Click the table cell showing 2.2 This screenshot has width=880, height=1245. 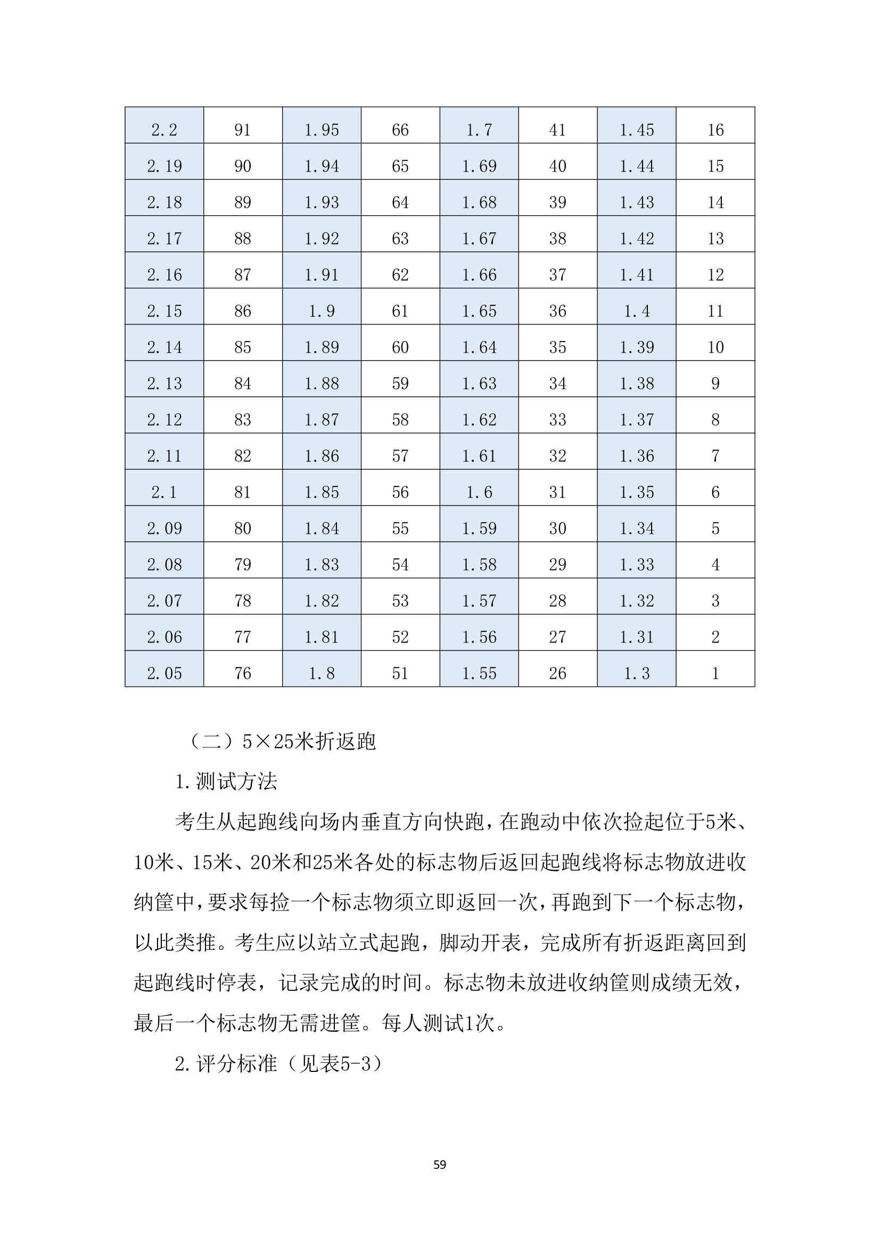pyautogui.click(x=164, y=129)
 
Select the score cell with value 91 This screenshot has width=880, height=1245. pyautogui.click(x=242, y=129)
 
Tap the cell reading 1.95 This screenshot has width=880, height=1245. pyautogui.click(x=322, y=129)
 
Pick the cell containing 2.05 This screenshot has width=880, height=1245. pyautogui.click(x=164, y=673)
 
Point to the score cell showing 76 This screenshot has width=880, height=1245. pyautogui.click(x=242, y=673)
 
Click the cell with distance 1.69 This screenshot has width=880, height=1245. pyautogui.click(x=479, y=166)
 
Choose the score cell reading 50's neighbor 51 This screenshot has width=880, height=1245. pyautogui.click(x=400, y=673)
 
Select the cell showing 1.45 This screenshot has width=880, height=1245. pyautogui.click(x=637, y=129)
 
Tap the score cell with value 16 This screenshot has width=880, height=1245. pyautogui.click(x=715, y=129)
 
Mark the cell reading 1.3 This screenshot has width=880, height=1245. pyautogui.click(x=637, y=673)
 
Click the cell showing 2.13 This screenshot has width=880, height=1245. pyautogui.click(x=164, y=384)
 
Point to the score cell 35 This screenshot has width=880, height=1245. pyautogui.click(x=557, y=347)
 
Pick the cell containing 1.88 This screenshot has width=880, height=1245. pyautogui.click(x=322, y=384)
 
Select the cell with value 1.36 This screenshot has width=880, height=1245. pyautogui.click(x=637, y=455)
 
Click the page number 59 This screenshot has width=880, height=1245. pyautogui.click(x=439, y=1165)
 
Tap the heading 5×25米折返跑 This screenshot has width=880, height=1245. pyautogui.click(x=309, y=741)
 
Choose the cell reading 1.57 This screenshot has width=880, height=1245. pyautogui.click(x=479, y=600)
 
